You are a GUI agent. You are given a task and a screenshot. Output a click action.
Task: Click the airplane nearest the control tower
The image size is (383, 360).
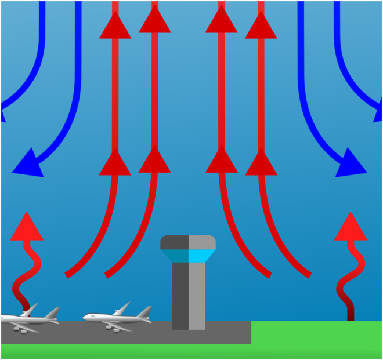tap(116, 317)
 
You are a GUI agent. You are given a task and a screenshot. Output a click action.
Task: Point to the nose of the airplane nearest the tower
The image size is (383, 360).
tap(85, 317)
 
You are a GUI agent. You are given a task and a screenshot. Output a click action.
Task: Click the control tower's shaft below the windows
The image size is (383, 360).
tap(189, 296)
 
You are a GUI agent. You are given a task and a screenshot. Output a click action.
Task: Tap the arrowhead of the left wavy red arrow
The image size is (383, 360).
tap(27, 227)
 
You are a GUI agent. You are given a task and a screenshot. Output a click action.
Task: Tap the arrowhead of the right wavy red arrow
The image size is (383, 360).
tap(351, 227)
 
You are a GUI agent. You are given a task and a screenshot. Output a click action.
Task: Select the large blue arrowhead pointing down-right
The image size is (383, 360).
tap(351, 162)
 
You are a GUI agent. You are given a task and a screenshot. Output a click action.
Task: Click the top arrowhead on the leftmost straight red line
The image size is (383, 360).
tap(115, 26)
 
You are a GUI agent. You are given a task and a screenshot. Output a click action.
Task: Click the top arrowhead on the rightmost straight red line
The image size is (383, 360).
tap(261, 26)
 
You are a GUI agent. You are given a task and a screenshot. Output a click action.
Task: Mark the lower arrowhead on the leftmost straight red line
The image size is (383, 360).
tap(115, 162)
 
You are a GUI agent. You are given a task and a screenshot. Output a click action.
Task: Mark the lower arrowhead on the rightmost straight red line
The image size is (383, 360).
tap(261, 162)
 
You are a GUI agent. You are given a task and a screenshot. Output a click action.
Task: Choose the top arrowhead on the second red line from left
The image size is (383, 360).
tap(155, 20)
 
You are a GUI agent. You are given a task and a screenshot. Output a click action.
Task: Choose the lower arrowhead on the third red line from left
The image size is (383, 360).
tap(222, 162)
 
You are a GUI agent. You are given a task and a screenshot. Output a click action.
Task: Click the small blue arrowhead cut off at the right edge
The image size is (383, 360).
tap(378, 116)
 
